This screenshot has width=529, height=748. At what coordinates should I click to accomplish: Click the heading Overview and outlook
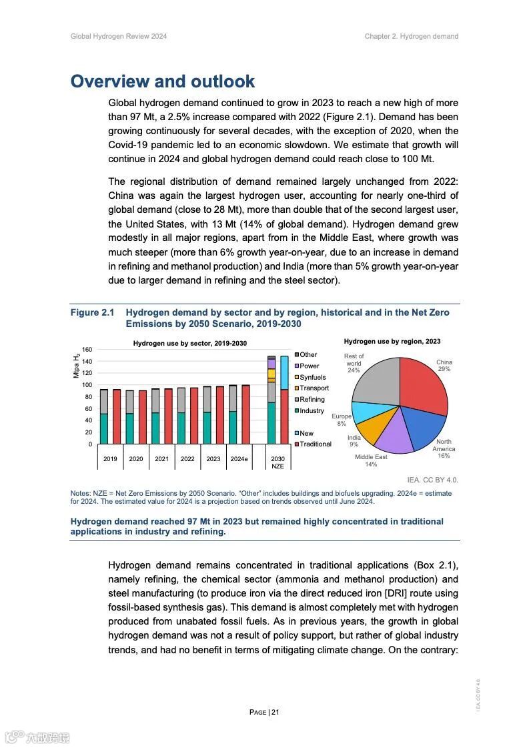pos(163,81)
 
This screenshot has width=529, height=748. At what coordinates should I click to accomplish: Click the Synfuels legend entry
pos(312,377)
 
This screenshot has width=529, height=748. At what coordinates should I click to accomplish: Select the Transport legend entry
pos(314,388)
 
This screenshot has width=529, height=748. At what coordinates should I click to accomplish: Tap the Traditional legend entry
pos(315,444)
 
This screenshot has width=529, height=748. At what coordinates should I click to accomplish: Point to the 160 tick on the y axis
pos(87,350)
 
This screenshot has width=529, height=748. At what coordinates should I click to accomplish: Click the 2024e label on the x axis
pos(239,459)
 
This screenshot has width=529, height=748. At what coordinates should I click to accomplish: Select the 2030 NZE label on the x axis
pos(278,462)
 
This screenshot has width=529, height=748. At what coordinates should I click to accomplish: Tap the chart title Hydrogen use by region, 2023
pos(392,342)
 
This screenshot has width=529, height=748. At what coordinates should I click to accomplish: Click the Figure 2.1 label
pos(93,313)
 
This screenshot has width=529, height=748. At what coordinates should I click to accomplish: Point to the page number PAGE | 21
pos(264,712)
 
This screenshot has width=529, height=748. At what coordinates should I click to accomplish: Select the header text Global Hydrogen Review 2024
pos(119,36)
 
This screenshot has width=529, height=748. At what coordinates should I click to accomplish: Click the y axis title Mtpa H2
pos(76,366)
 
